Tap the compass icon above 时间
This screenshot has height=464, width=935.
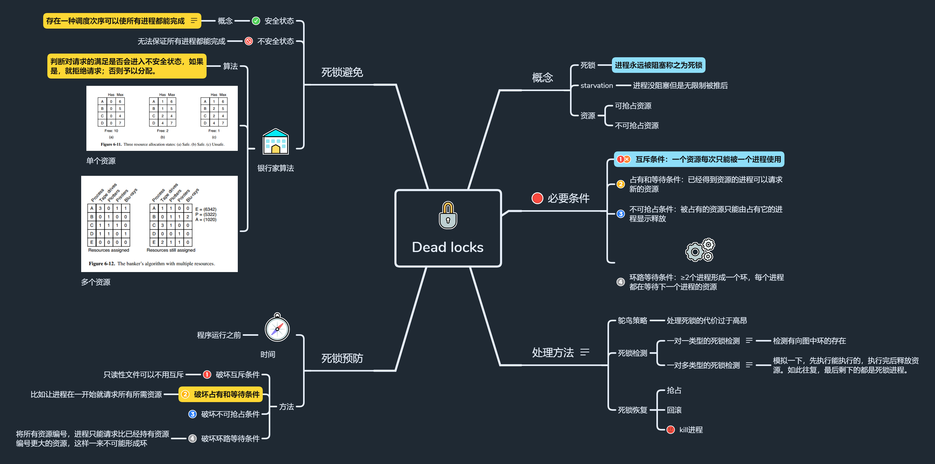pos(277,328)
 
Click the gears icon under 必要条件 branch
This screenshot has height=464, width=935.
pos(700,250)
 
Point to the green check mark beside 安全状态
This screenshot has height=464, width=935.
pos(256,21)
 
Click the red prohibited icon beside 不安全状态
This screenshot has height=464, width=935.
pos(249,41)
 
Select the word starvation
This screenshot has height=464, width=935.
pos(596,86)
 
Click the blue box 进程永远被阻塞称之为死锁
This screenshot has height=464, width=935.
pos(658,65)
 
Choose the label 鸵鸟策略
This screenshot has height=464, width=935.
pos(632,320)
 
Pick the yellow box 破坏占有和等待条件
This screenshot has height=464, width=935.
pos(220,394)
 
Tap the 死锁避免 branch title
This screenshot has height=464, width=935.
pos(342,72)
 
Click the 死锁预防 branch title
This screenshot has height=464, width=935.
pos(342,358)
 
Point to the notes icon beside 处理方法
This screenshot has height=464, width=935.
pos(584,352)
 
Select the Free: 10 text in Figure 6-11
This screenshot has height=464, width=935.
pos(111,131)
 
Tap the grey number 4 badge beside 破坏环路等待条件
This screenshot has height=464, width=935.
pos(192,439)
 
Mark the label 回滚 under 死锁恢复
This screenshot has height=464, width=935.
pos(674,410)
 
